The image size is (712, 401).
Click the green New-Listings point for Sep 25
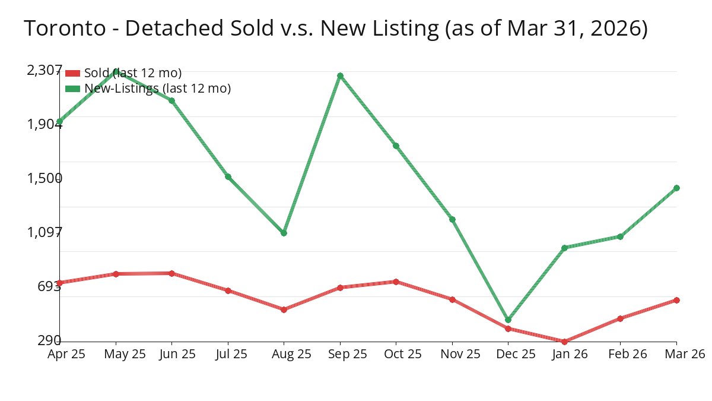pyautogui.click(x=340, y=75)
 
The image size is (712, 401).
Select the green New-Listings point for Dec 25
pyautogui.click(x=508, y=320)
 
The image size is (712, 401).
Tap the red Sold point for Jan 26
pyautogui.click(x=564, y=342)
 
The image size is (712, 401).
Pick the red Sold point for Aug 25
pyautogui.click(x=284, y=310)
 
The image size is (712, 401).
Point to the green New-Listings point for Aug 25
pyautogui.click(x=284, y=233)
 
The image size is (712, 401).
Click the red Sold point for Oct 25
pyautogui.click(x=396, y=282)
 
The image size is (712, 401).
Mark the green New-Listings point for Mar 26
pyautogui.click(x=676, y=188)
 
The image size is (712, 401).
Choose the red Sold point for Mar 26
pyautogui.click(x=676, y=300)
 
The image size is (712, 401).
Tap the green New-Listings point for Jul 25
pyautogui.click(x=228, y=176)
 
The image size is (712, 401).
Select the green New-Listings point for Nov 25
pyautogui.click(x=452, y=219)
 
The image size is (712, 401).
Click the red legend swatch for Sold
pyautogui.click(x=72, y=73)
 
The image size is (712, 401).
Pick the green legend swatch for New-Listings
pyautogui.click(x=72, y=89)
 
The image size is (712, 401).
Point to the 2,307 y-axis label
pyautogui.click(x=44, y=70)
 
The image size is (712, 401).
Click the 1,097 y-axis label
pyautogui.click(x=44, y=232)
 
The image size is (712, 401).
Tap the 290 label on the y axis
pyautogui.click(x=49, y=340)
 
